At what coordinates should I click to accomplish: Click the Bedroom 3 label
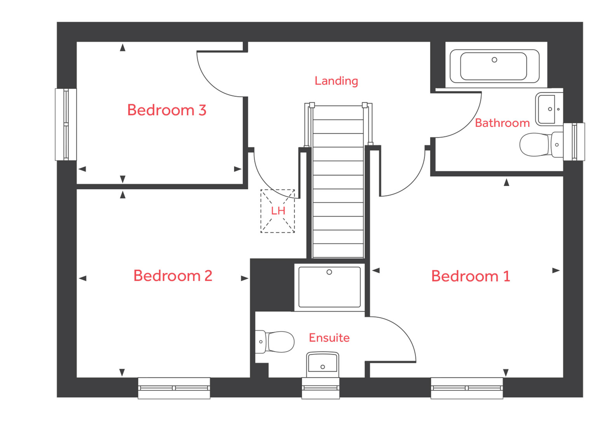(167, 110)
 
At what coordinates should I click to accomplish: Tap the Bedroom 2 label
(172, 276)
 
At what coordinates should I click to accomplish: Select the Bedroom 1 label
(470, 276)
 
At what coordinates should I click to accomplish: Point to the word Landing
(336, 81)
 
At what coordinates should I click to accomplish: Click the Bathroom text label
(502, 123)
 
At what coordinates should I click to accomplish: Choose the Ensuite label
(329, 338)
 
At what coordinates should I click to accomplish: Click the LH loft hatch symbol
(278, 211)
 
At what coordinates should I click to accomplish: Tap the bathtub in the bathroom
(494, 66)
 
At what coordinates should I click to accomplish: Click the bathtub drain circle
(494, 60)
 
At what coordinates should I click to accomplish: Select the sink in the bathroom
(548, 109)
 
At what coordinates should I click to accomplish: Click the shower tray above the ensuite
(329, 287)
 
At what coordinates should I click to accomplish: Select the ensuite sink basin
(322, 363)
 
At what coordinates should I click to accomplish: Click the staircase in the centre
(338, 182)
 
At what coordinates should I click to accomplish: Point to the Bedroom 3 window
(66, 125)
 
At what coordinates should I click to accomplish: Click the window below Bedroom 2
(174, 388)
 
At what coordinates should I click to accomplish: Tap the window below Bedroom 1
(467, 388)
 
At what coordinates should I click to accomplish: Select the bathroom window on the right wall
(574, 142)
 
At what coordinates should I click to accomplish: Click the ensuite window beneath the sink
(320, 388)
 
